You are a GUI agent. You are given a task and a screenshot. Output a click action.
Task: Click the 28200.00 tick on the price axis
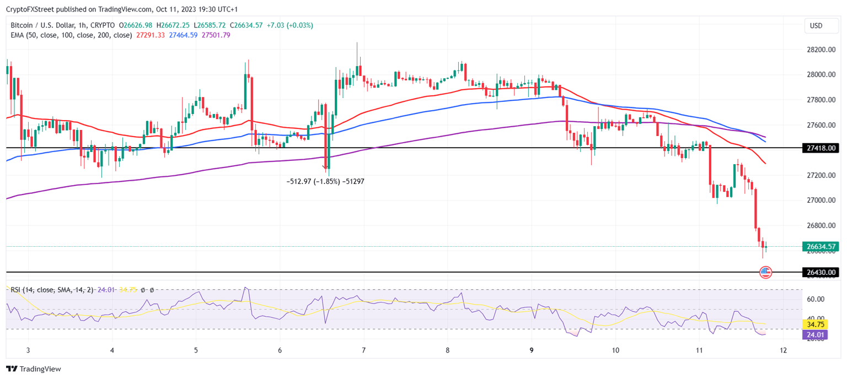pyautogui.click(x=820, y=50)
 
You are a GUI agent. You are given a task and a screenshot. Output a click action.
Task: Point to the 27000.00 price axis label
pyautogui.click(x=820, y=201)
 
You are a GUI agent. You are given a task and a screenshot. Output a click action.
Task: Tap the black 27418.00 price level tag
pyautogui.click(x=821, y=148)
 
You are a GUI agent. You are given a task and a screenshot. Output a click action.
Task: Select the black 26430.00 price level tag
pyautogui.click(x=821, y=272)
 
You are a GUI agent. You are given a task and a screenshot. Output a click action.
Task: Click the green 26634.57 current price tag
pyautogui.click(x=821, y=246)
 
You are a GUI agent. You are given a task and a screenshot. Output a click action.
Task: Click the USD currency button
pyautogui.click(x=816, y=25)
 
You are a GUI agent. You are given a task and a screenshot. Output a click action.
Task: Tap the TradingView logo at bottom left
pyautogui.click(x=34, y=369)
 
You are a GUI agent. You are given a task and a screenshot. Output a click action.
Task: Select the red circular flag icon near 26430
pyautogui.click(x=765, y=272)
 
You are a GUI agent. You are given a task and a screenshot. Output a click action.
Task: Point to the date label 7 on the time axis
pyautogui.click(x=364, y=350)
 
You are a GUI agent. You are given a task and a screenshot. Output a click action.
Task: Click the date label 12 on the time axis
pyautogui.click(x=784, y=350)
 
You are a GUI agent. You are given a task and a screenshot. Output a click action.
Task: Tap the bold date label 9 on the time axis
pyautogui.click(x=532, y=350)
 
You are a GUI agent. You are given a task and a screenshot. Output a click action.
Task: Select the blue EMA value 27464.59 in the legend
pyautogui.click(x=183, y=35)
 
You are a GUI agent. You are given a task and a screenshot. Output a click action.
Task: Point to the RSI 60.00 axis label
pyautogui.click(x=816, y=299)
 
